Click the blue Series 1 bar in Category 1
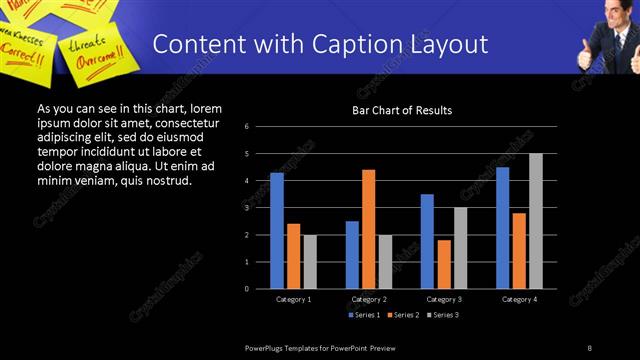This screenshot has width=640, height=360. coord(277,231)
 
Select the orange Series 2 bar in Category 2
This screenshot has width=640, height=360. coord(368,229)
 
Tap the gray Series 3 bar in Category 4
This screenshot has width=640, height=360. coord(536,221)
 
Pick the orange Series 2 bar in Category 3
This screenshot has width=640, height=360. coord(444,264)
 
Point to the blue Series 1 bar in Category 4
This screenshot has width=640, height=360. coord(502,228)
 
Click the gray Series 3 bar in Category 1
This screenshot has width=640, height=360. coord(310,262)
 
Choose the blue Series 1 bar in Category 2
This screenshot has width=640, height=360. coord(352,255)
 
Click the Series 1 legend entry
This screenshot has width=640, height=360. coord(364,315)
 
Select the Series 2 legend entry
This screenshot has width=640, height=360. coord(402,315)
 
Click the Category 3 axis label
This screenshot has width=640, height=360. coord(444,299)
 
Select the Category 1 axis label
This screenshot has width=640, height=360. coord(294,299)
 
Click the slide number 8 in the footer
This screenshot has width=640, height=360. coord(590,347)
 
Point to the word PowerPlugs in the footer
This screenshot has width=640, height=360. coord(267,347)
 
